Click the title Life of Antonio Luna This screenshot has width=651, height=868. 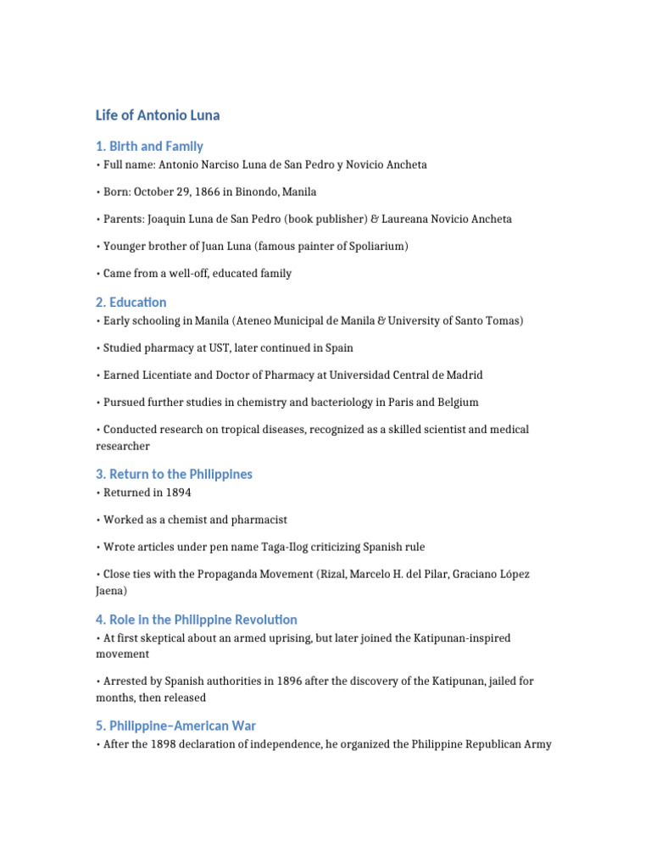[x=158, y=114]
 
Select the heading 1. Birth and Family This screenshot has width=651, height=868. [x=149, y=146]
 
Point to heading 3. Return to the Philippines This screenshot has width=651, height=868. [x=174, y=474]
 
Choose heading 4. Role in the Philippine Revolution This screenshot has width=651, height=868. [x=197, y=620]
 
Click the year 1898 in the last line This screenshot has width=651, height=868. [x=169, y=744]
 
